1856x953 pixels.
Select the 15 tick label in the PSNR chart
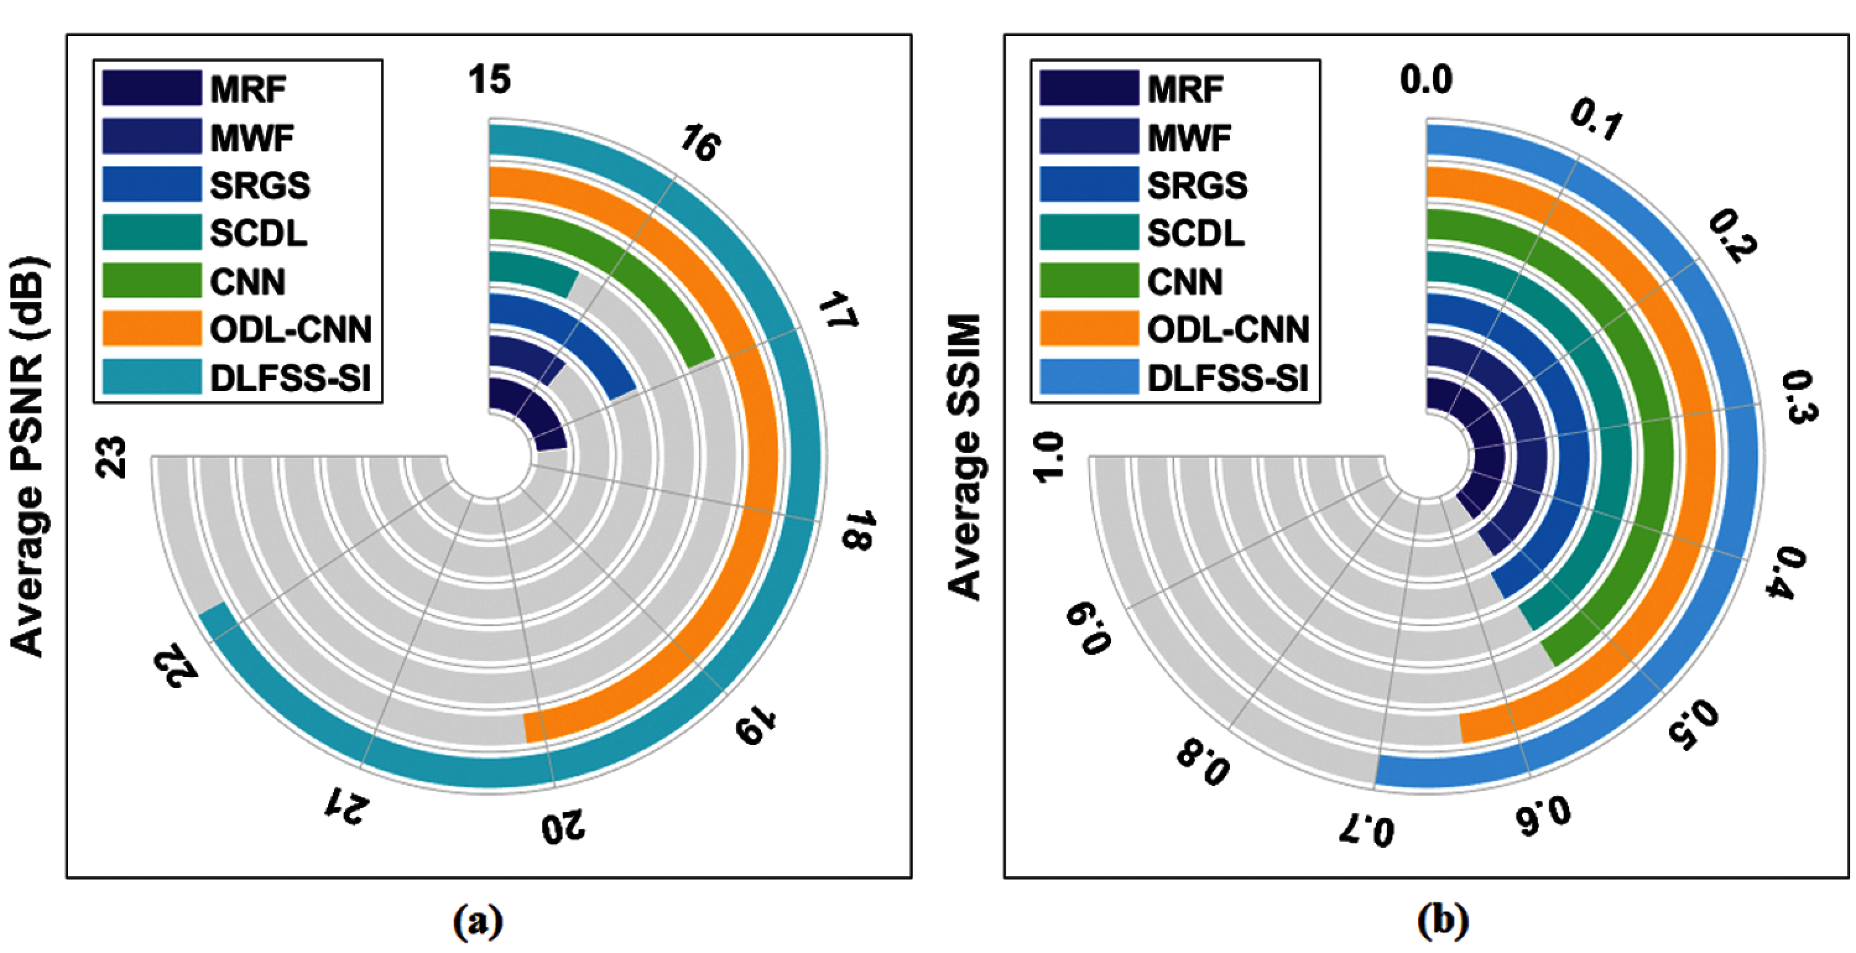(x=489, y=79)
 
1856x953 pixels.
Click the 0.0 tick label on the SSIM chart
(x=1426, y=79)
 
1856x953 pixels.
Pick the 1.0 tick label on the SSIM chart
(x=1048, y=457)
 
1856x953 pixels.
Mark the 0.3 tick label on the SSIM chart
(x=1799, y=397)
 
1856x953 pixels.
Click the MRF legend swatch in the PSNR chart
(x=152, y=88)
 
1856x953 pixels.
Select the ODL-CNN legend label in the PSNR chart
(x=291, y=329)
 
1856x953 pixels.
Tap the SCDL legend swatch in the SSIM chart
(x=1089, y=233)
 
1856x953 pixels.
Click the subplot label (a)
(x=478, y=921)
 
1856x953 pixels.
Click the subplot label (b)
(x=1443, y=921)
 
